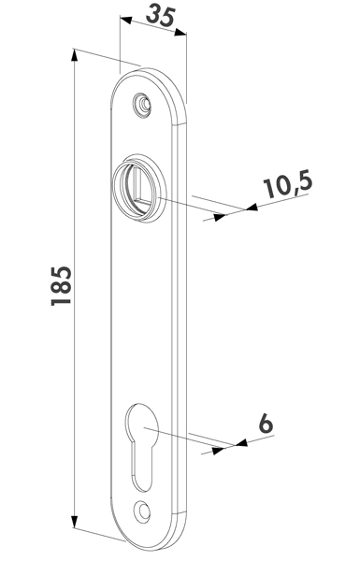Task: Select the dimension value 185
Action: click(61, 285)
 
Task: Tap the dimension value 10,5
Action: click(288, 185)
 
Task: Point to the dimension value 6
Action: click(266, 424)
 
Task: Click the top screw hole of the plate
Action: click(142, 105)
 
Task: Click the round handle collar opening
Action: click(138, 188)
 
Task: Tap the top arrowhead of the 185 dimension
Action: click(74, 55)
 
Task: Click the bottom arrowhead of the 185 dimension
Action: click(74, 523)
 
